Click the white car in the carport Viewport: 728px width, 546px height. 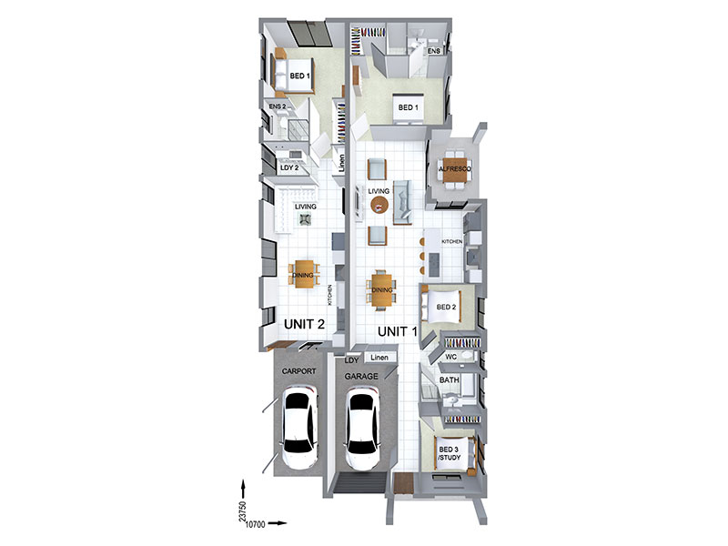click(x=300, y=427)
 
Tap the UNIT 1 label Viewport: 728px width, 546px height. click(x=398, y=331)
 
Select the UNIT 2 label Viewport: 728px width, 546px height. click(x=304, y=324)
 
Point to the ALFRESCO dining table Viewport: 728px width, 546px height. click(x=454, y=169)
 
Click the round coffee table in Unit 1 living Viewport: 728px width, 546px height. click(x=379, y=204)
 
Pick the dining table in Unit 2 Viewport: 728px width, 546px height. click(x=304, y=275)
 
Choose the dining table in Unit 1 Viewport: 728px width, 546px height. click(x=381, y=289)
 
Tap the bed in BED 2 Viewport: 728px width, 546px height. click(x=441, y=306)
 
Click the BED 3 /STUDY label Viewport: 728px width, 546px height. click(x=449, y=453)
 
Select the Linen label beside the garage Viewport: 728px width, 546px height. click(x=379, y=358)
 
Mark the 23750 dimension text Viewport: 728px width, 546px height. click(x=242, y=511)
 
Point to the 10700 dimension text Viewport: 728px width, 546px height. click(x=255, y=524)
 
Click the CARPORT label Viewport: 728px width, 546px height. click(x=299, y=371)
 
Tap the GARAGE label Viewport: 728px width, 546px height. click(x=361, y=377)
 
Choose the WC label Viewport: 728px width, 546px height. click(x=450, y=357)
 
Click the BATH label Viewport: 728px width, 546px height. click(x=449, y=379)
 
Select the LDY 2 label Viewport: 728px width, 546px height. click(x=289, y=167)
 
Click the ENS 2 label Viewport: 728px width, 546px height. click(x=278, y=106)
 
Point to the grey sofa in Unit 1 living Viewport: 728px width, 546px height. click(x=402, y=202)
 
